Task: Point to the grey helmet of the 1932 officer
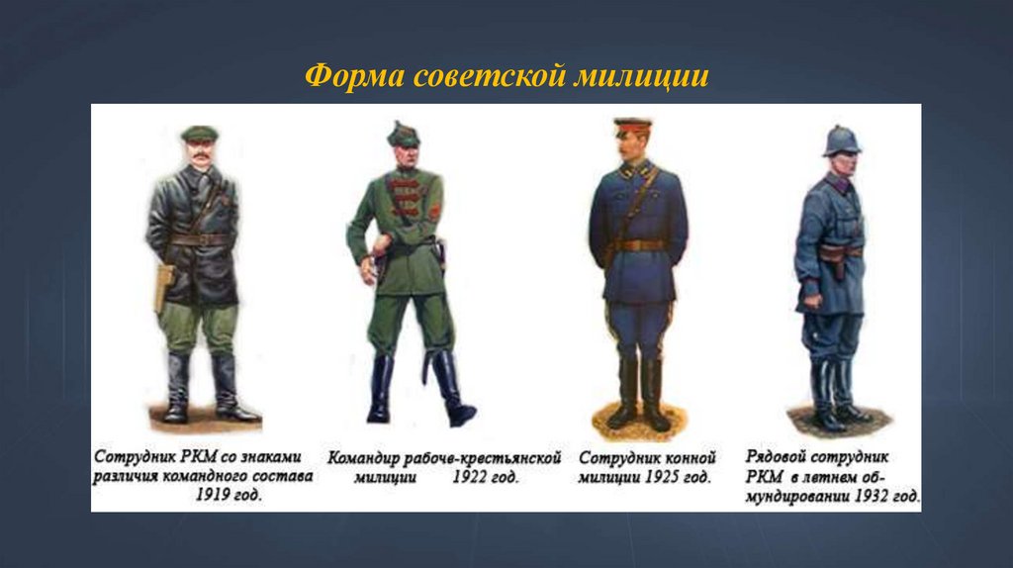click(841, 140)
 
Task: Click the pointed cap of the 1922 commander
click(404, 134)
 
